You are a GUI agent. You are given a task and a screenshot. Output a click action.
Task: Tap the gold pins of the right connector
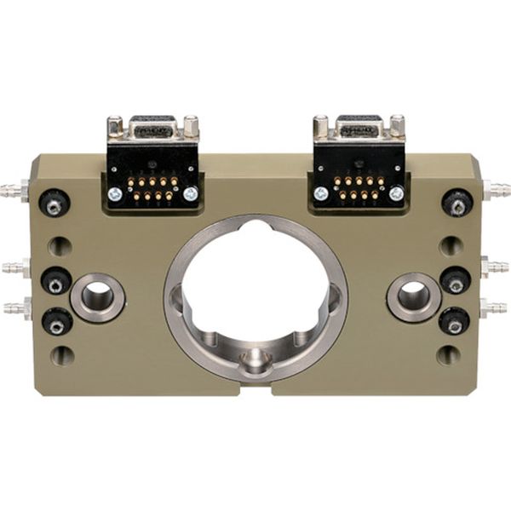(358, 188)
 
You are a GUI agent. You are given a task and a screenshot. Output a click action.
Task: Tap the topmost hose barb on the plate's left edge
(14, 187)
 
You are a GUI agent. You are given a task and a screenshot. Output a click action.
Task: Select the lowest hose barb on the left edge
(14, 307)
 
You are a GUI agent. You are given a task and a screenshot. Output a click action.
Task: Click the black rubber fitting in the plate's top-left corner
(55, 203)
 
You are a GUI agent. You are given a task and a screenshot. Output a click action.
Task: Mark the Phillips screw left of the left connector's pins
(115, 193)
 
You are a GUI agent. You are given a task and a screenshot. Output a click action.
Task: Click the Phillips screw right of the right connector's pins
(396, 193)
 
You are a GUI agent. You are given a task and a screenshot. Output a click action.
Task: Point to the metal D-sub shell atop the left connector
(153, 129)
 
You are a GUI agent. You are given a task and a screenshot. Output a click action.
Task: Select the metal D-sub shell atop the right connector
(359, 129)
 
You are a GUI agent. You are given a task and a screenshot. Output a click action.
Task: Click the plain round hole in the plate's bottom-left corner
(61, 355)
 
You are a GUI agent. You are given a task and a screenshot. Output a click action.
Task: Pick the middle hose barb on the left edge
(14, 268)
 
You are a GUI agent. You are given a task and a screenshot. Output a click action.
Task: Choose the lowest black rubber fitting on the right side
(454, 322)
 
